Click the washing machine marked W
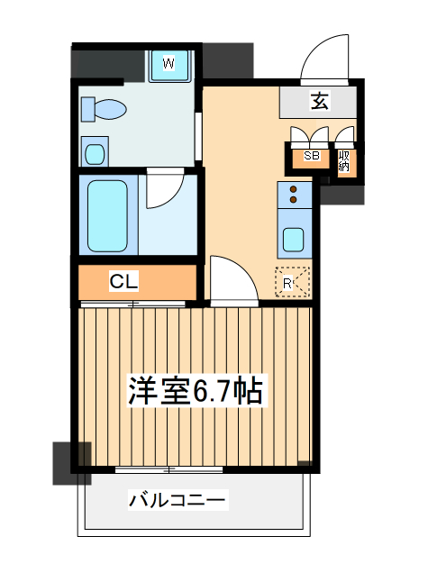pos(168,63)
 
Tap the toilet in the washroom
pos(105,110)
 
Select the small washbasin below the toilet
pos(95,150)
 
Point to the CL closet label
pos(124,282)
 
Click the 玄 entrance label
pos(319,101)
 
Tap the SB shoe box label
pos(312,156)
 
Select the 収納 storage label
pos(343,160)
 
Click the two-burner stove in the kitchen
pos(294,195)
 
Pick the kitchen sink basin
pos(294,239)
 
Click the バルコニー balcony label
pos(178,498)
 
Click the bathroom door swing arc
pos(164,190)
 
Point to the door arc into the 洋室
pos(231,280)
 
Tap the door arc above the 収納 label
pos(345,137)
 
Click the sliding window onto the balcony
pos(170,469)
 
